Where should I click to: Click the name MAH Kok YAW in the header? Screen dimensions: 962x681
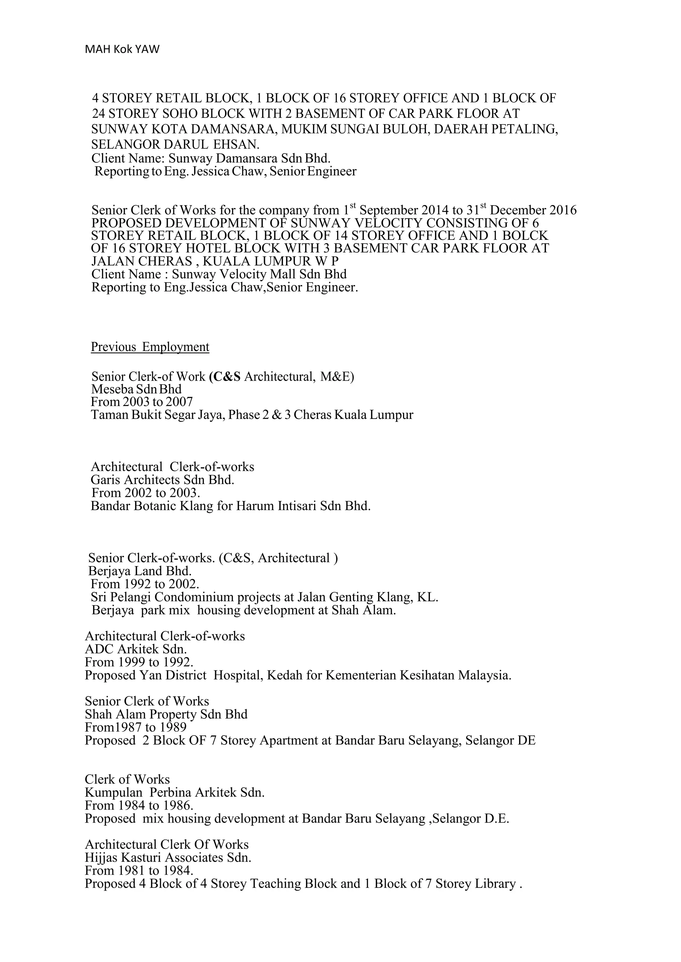coord(122,49)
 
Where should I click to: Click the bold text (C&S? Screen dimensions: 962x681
coord(225,377)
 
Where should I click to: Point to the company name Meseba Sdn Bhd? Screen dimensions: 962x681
coord(136,389)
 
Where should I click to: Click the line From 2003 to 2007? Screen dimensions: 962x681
coord(142,402)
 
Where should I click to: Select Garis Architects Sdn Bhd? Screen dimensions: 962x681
coord(162,480)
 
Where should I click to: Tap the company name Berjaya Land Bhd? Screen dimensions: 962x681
coord(140,571)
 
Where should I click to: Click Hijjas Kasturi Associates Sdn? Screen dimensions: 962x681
coord(168,857)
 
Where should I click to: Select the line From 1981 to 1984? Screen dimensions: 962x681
coord(139,871)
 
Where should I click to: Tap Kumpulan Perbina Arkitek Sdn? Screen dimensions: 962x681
coord(175,792)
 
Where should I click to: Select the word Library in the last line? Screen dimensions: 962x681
coord(495,884)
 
